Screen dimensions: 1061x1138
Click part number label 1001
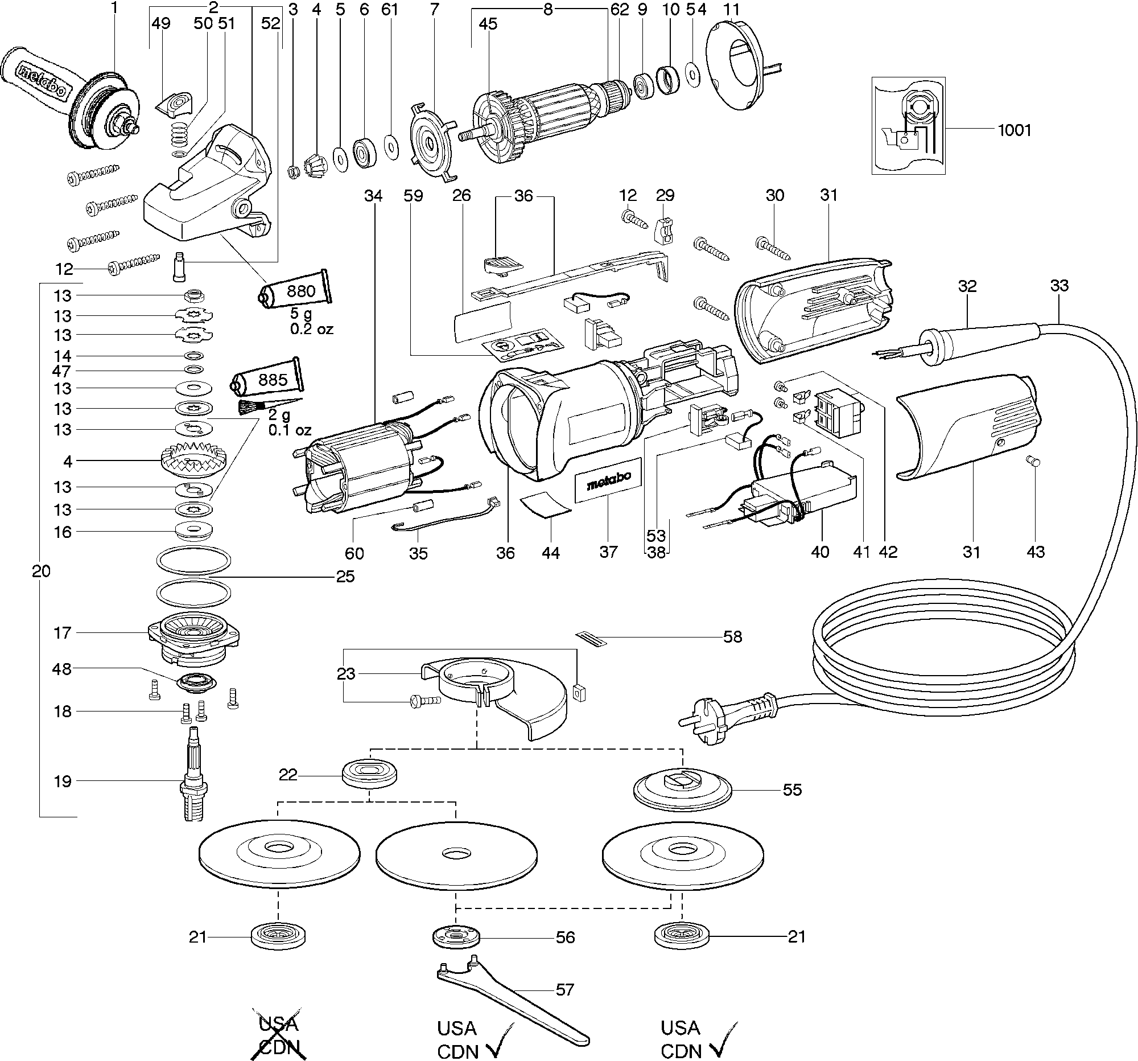(x=1014, y=130)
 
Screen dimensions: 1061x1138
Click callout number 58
(x=732, y=637)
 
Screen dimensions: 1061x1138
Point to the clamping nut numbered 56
(x=455, y=937)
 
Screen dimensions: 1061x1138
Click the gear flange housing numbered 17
(x=193, y=639)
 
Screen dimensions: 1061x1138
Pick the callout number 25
(x=345, y=576)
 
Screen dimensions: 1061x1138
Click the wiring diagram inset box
(x=908, y=125)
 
